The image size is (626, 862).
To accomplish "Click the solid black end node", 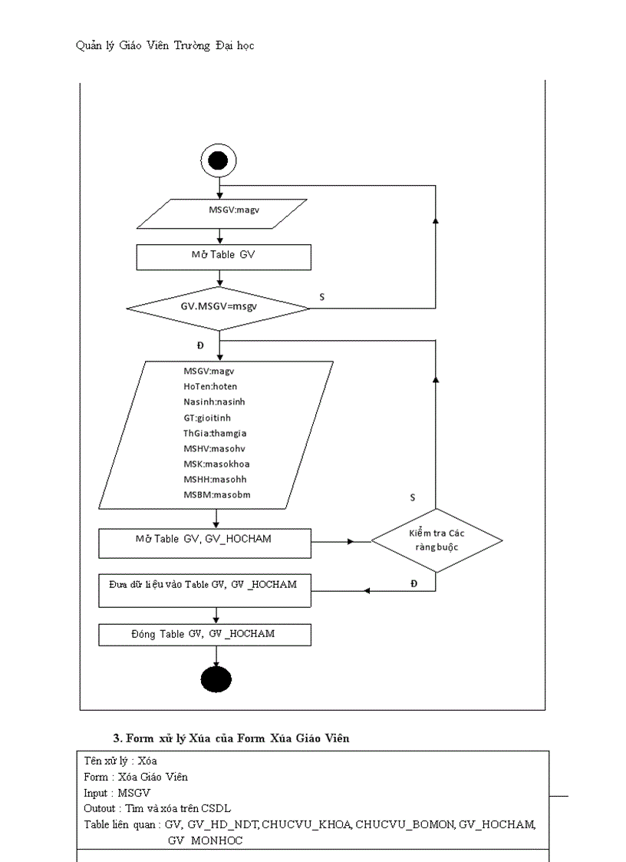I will [216, 679].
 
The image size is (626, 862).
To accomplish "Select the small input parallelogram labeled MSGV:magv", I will [222, 213].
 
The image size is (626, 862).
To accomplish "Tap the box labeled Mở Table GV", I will [223, 256].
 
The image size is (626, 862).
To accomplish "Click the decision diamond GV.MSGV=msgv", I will [219, 309].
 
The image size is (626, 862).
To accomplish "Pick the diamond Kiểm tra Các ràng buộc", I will [437, 540].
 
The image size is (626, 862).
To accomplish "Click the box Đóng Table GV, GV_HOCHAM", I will [205, 635].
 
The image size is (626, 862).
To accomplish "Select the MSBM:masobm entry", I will [216, 495].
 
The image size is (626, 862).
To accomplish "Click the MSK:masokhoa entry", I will [216, 464].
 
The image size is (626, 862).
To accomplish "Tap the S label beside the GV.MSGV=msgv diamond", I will [321, 296].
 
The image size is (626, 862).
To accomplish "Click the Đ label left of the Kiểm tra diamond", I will [414, 584].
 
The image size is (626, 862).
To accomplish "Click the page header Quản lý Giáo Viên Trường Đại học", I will [165, 45].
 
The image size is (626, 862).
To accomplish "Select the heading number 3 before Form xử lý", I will [117, 738].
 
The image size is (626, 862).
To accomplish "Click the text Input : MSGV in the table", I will [117, 793].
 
